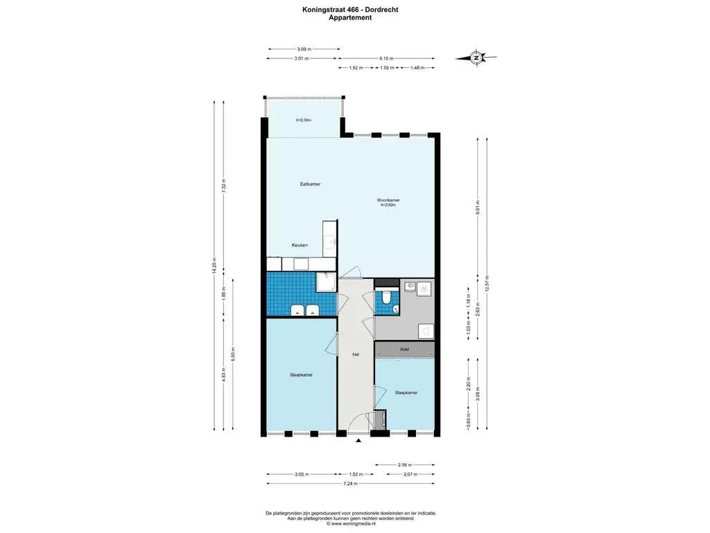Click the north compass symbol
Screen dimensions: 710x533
pyautogui.click(x=476, y=58)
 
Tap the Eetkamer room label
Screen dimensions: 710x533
pyautogui.click(x=310, y=184)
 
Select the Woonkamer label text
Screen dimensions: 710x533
pyautogui.click(x=388, y=200)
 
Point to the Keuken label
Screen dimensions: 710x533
pyautogui.click(x=300, y=245)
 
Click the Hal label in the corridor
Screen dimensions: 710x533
pyautogui.click(x=356, y=355)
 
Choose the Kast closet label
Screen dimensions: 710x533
pyautogui.click(x=405, y=349)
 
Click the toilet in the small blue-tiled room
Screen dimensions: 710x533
pyautogui.click(x=386, y=297)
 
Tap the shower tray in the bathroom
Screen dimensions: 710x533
pyautogui.click(x=326, y=282)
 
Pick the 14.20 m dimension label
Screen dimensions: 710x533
pyautogui.click(x=214, y=265)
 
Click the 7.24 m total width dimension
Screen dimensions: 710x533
pyautogui.click(x=350, y=484)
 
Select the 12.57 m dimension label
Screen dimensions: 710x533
pyautogui.click(x=487, y=283)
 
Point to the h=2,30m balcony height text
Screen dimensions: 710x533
pyautogui.click(x=304, y=120)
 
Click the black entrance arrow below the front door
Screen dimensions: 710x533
pyautogui.click(x=358, y=440)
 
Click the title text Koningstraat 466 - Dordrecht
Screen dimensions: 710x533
pyautogui.click(x=350, y=10)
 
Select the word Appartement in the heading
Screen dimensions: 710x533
pyautogui.click(x=350, y=17)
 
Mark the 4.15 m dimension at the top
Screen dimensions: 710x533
pyautogui.click(x=386, y=58)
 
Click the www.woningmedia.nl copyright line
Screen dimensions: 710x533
pyautogui.click(x=351, y=523)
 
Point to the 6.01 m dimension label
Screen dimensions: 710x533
pyautogui.click(x=478, y=208)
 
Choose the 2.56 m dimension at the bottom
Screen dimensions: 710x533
pyautogui.click(x=405, y=464)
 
